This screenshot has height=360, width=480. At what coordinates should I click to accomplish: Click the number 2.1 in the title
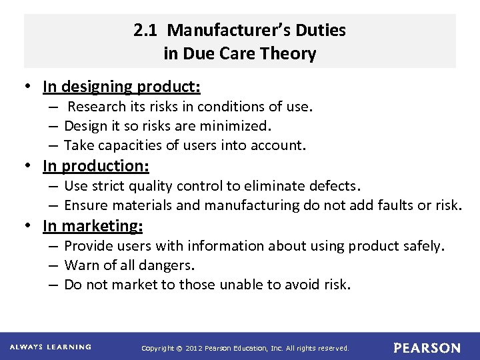143,31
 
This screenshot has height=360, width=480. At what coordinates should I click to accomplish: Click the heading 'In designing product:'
121,87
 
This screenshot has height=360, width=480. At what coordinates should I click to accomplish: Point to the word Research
93,107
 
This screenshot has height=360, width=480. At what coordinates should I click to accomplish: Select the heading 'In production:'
96,165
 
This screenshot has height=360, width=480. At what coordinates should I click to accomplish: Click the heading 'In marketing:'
93,226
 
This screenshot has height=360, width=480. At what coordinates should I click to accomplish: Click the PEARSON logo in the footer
427,348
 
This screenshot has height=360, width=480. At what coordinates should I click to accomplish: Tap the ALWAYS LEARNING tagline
51,347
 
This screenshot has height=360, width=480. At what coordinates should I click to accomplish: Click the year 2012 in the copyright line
192,348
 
